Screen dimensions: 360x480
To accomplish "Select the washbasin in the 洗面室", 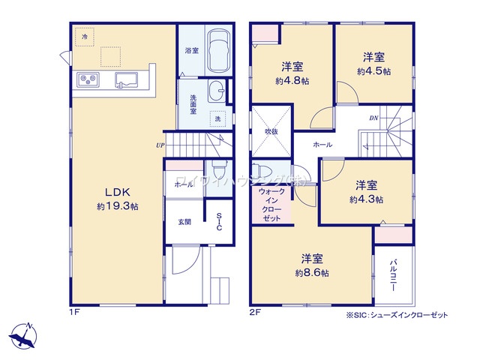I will click(217, 88).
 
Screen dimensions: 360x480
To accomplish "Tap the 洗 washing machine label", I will click(218, 119).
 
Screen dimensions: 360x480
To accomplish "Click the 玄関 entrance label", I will click(184, 222).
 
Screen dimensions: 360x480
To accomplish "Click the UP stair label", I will click(160, 145).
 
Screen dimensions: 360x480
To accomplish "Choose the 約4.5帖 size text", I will click(373, 71).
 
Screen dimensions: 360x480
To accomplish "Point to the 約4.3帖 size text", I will click(366, 199).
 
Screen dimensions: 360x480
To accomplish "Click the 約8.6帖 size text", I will click(312, 273).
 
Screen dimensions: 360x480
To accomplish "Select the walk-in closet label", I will click(270, 204).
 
